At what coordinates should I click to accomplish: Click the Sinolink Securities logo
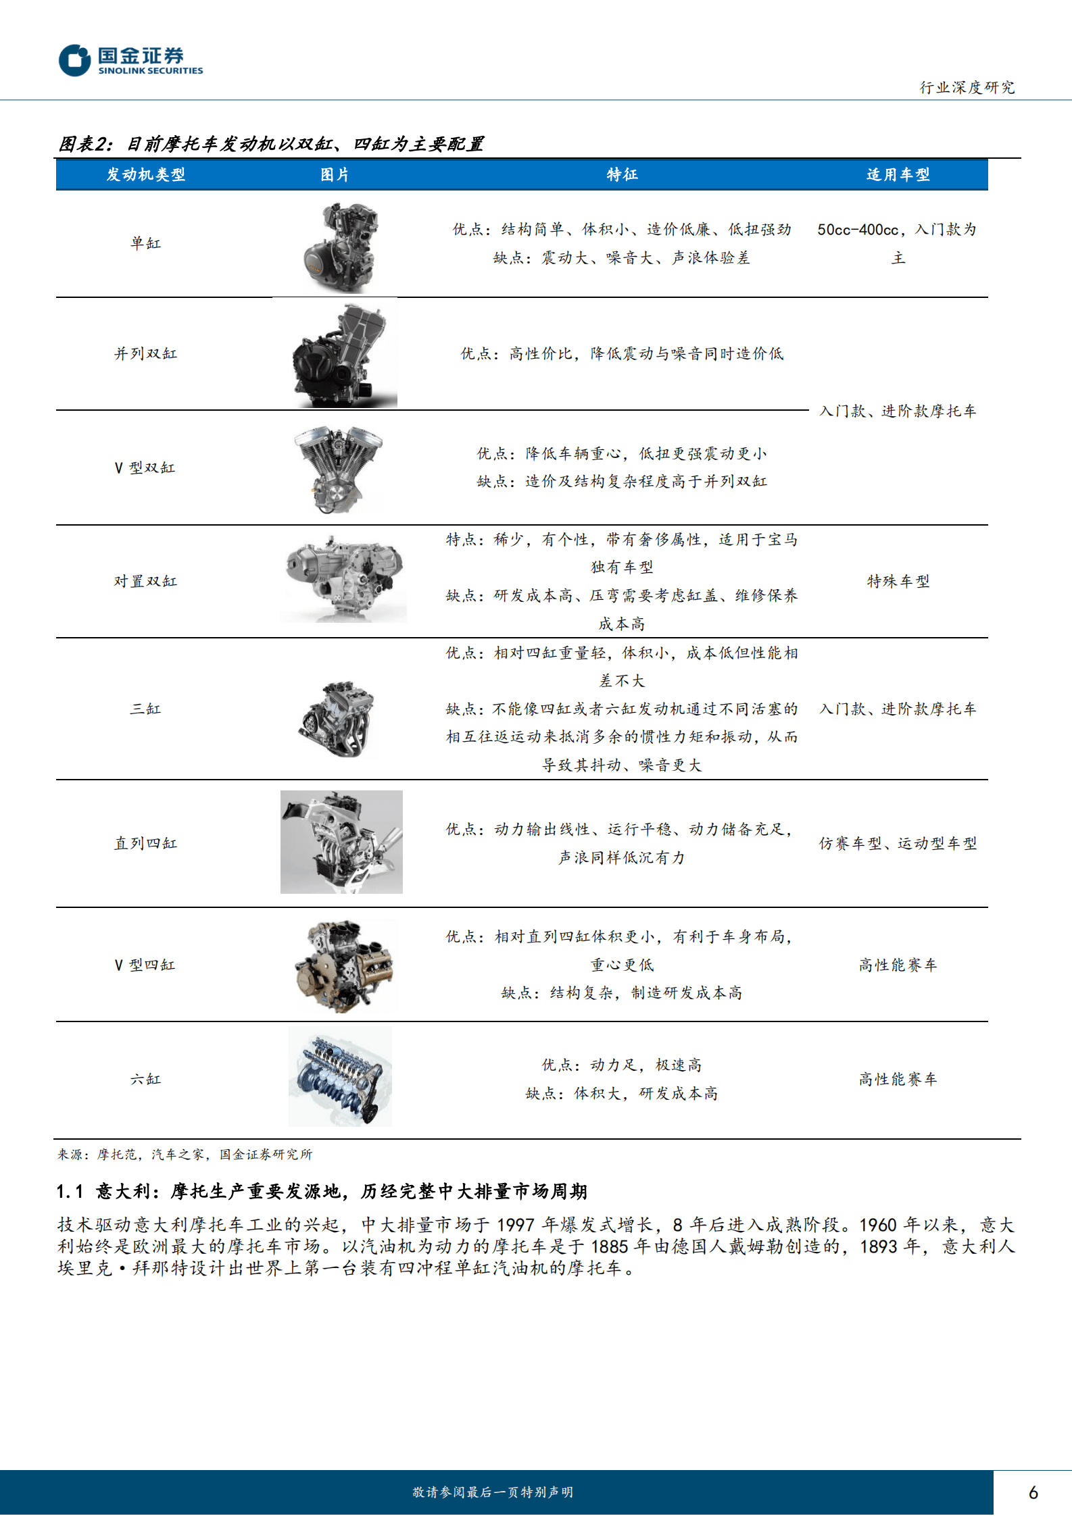point(130,61)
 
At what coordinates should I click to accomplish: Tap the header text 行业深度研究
point(967,88)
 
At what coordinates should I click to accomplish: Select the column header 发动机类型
point(145,175)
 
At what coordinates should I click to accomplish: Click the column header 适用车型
point(898,175)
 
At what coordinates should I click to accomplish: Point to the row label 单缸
point(145,243)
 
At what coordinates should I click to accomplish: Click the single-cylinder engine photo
point(340,248)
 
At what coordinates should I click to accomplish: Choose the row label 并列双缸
point(145,353)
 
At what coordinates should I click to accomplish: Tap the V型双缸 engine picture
point(338,469)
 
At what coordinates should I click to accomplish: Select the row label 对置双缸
point(145,581)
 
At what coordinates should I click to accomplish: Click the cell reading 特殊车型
point(898,581)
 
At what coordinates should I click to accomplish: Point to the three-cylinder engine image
point(337,719)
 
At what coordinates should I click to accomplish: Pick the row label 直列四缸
point(145,843)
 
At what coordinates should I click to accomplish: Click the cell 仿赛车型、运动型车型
point(898,843)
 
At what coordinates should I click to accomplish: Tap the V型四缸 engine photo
point(344,965)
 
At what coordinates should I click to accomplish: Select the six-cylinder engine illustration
point(340,1077)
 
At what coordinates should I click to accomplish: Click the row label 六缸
point(145,1079)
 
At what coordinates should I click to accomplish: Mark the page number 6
point(1033,1492)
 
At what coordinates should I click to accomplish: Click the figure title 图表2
point(84,144)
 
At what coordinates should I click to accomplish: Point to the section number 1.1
point(70,1191)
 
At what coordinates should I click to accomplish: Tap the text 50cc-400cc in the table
point(857,230)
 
